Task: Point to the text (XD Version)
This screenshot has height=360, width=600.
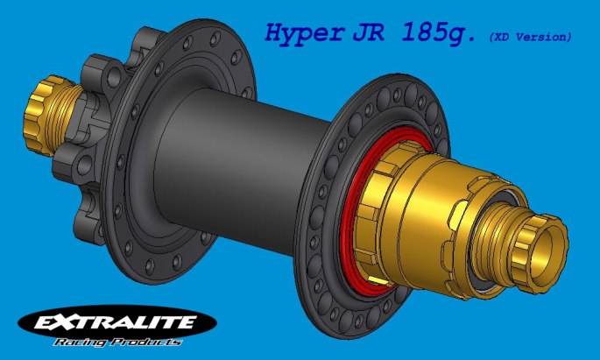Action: point(530,37)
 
